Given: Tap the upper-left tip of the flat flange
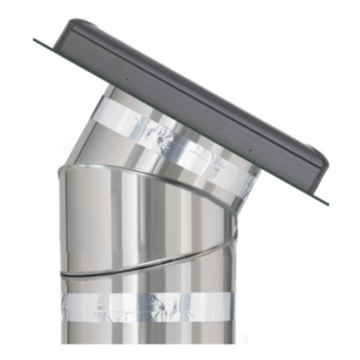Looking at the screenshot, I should coord(35,40).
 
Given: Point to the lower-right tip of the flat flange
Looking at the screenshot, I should coord(328,204).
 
